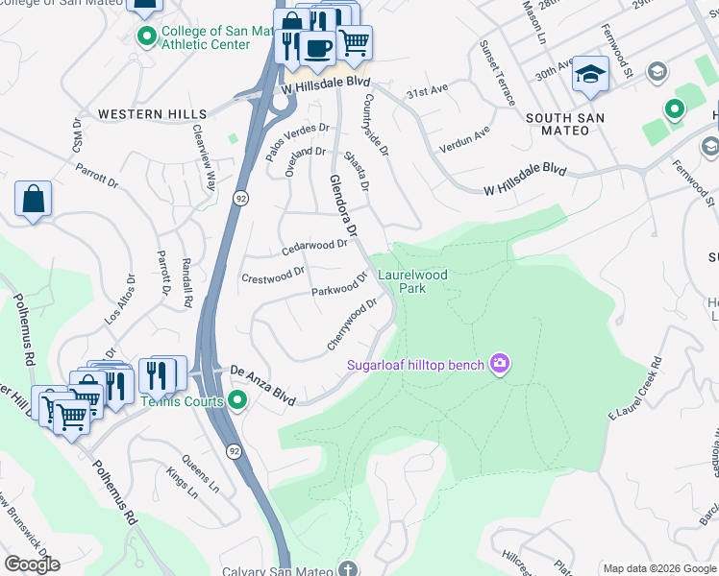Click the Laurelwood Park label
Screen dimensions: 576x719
point(412,281)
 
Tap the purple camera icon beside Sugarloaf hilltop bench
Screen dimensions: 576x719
point(499,363)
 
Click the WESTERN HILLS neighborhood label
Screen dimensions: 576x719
point(139,114)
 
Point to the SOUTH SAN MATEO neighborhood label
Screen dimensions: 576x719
point(565,124)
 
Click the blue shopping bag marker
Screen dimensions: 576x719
point(33,200)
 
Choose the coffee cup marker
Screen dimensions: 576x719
point(318,47)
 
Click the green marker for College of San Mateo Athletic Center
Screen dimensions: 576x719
point(146,37)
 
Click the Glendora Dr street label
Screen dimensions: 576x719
point(343,205)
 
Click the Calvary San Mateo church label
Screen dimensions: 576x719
point(283,570)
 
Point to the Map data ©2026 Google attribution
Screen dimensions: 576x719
point(658,568)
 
